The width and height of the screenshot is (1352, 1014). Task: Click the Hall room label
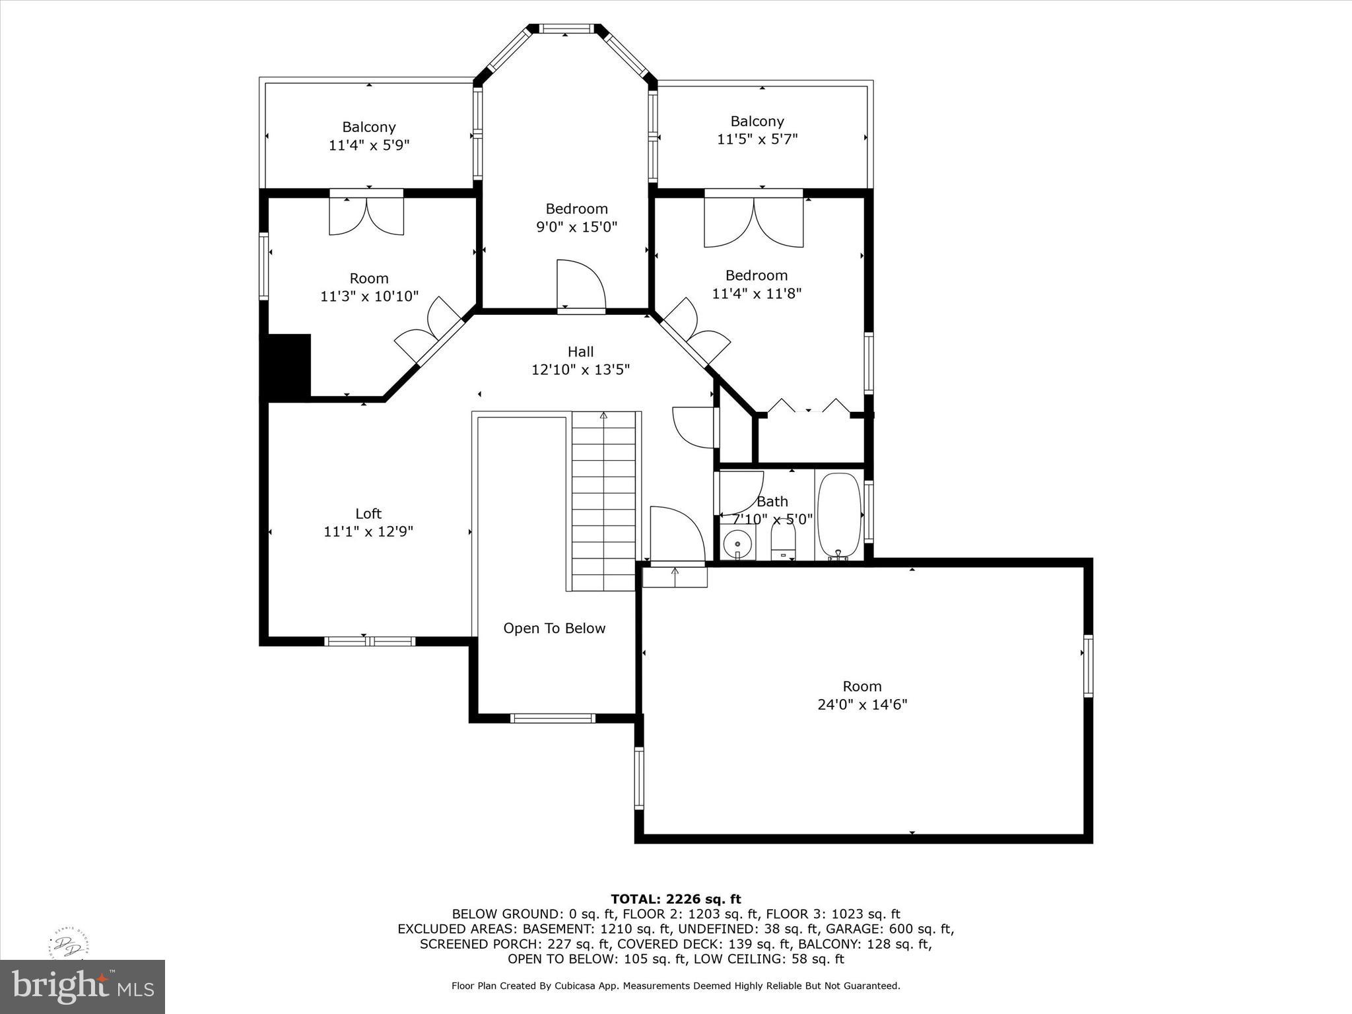[x=580, y=352]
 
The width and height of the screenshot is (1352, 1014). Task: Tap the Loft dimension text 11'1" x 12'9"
[x=368, y=531]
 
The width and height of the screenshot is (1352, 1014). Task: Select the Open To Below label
[x=554, y=628]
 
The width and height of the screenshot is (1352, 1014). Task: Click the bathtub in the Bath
[x=840, y=516]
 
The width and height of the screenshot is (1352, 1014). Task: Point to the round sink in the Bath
[x=737, y=544]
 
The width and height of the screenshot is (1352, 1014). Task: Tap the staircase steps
[x=603, y=502]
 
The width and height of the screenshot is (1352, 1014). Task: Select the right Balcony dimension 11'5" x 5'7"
[x=757, y=139]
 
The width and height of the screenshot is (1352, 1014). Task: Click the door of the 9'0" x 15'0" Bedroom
[x=580, y=285]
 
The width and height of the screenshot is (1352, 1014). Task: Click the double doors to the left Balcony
[x=366, y=215]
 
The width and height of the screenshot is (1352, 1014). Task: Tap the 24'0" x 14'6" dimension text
[x=862, y=704]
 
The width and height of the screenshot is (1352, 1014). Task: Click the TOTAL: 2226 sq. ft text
[x=675, y=898]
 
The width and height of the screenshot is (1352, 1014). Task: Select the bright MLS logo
[x=83, y=986]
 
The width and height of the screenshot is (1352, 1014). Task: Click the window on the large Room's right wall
[x=1088, y=665]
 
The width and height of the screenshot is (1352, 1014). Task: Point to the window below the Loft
[x=369, y=641]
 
